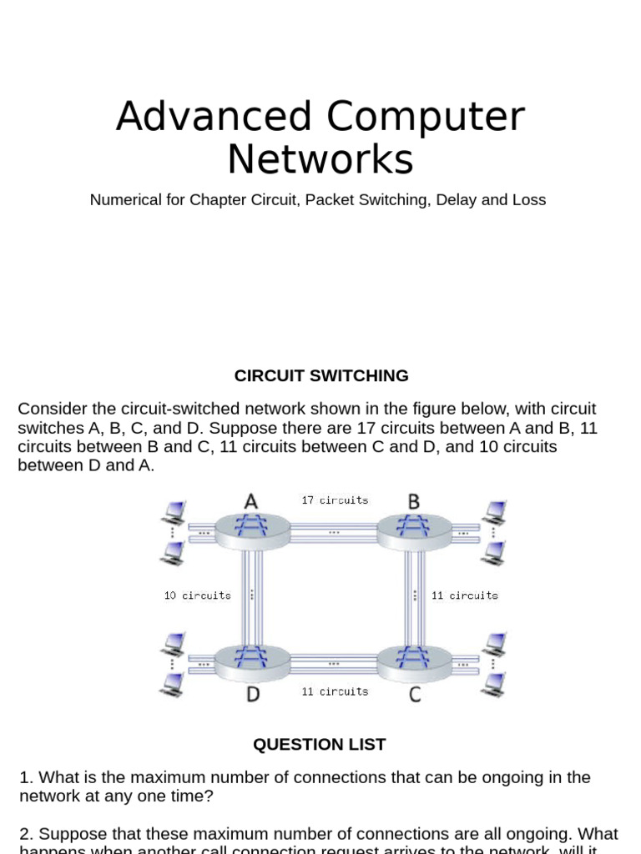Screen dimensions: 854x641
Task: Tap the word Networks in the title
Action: click(320, 158)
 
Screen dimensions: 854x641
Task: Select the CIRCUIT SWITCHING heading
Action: click(321, 375)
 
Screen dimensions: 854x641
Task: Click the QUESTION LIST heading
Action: click(320, 744)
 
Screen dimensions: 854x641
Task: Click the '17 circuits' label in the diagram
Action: click(334, 500)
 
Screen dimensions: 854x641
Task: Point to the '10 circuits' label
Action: click(197, 595)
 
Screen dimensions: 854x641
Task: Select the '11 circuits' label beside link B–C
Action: click(464, 595)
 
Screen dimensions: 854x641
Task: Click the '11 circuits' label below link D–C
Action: click(334, 691)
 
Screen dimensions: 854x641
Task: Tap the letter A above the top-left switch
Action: click(250, 501)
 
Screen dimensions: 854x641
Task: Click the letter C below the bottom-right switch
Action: click(415, 695)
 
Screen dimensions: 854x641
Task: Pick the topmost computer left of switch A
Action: click(174, 510)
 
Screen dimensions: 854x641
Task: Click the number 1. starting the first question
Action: click(27, 777)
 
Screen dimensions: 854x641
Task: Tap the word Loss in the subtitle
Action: click(528, 200)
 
